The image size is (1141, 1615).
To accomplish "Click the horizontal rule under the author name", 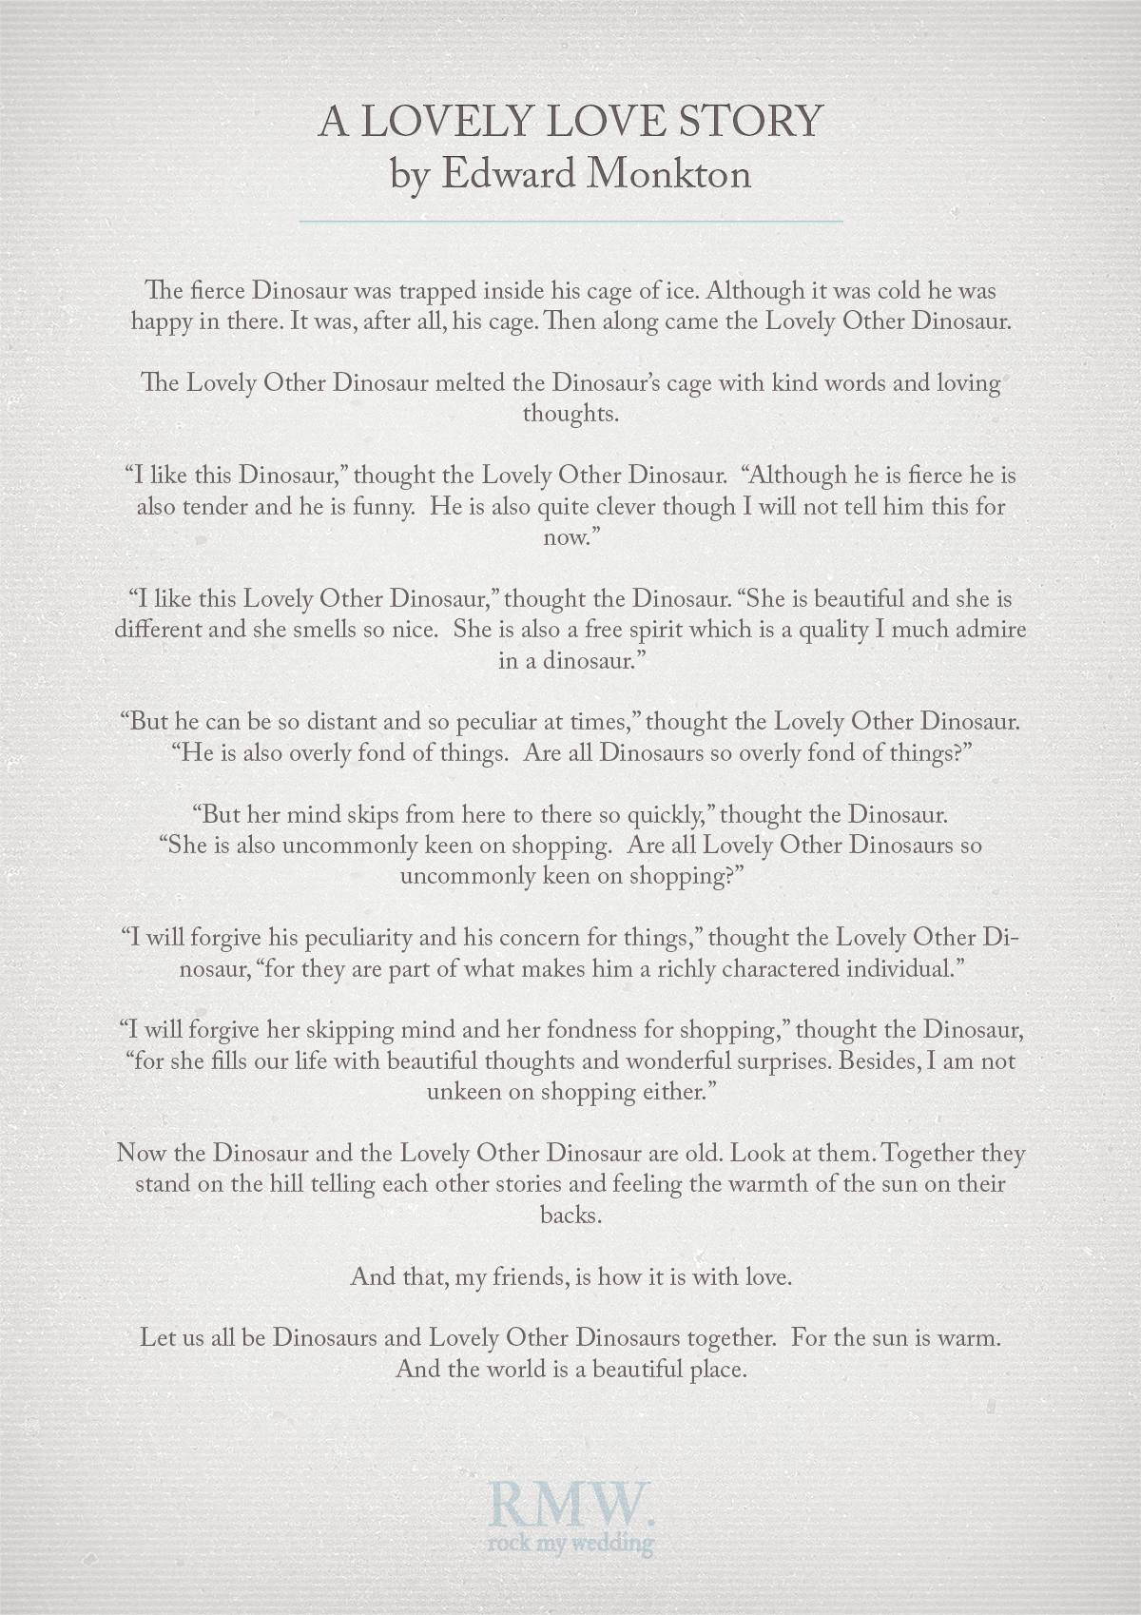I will pos(570,221).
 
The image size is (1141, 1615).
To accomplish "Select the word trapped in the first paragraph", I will pos(449,289).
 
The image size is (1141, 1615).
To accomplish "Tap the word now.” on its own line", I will pos(569,537).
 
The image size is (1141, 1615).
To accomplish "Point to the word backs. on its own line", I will pos(570,1215).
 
